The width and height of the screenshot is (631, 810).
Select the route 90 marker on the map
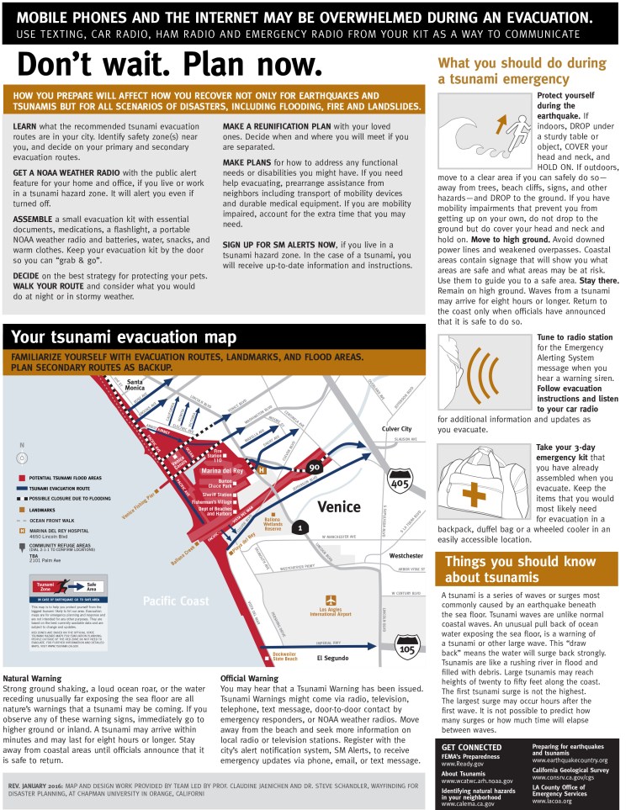(x=315, y=468)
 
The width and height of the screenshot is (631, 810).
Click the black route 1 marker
(x=299, y=527)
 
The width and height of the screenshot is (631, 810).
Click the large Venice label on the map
(x=339, y=506)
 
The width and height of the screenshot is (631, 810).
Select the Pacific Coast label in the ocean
(x=175, y=601)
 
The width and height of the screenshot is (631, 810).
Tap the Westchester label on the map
(x=406, y=556)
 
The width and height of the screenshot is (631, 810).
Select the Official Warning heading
(x=249, y=678)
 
